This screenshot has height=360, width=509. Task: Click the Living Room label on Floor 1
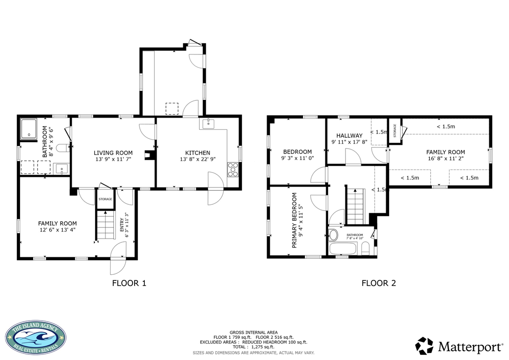(113, 153)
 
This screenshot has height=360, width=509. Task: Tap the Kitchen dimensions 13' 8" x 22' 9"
(198, 159)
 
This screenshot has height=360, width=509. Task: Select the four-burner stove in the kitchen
(233, 169)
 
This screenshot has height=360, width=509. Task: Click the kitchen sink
(208, 124)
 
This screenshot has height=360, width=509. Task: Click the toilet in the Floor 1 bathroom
(63, 148)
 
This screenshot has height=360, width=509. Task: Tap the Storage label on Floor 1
(105, 199)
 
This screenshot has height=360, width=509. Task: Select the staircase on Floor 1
(105, 225)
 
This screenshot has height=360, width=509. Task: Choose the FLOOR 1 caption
(129, 283)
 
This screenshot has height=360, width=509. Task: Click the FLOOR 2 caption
(379, 283)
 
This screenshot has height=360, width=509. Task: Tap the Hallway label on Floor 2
(349, 135)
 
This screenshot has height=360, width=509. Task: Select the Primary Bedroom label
(294, 220)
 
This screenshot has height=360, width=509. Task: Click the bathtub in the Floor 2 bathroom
(343, 249)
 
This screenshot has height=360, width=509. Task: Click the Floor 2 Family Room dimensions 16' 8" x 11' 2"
(446, 158)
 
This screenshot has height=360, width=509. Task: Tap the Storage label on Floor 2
(395, 131)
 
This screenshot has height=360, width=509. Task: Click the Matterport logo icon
(424, 346)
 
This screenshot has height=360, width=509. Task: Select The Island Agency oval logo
(36, 339)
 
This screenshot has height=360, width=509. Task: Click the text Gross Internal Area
(254, 332)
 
